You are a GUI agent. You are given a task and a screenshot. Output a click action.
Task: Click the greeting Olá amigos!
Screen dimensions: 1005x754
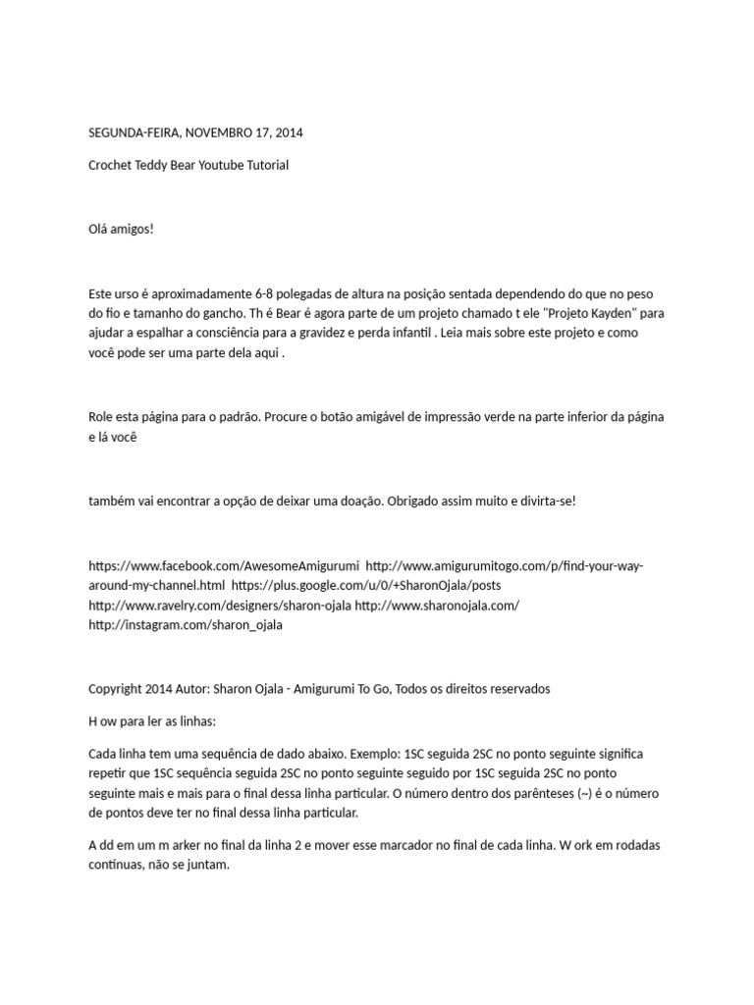point(121,229)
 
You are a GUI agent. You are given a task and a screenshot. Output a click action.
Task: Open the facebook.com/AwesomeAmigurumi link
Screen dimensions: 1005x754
point(224,566)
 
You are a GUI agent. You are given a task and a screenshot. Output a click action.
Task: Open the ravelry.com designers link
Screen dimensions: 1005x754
point(219,606)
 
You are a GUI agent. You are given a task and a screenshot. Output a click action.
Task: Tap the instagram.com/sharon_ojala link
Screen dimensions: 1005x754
point(186,625)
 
